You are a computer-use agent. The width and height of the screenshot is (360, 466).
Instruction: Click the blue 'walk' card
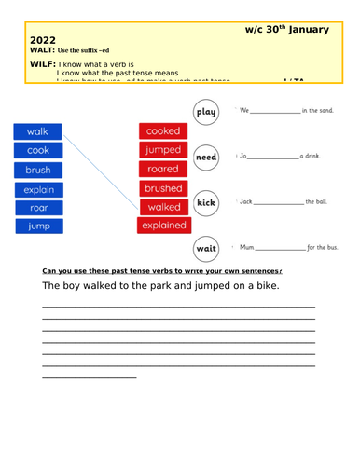click(38, 131)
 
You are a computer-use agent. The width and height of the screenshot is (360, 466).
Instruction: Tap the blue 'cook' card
click(38, 150)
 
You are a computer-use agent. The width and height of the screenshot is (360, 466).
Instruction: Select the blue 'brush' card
click(38, 170)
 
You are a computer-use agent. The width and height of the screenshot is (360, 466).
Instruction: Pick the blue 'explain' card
click(38, 189)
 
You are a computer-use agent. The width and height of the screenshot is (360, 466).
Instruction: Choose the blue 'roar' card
click(38, 208)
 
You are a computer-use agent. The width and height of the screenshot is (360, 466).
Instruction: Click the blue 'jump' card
click(38, 226)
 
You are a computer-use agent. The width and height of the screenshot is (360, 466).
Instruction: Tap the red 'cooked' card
click(162, 131)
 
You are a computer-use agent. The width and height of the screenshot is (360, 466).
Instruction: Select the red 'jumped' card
click(162, 150)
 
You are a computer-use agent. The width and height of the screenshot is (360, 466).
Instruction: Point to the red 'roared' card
click(162, 169)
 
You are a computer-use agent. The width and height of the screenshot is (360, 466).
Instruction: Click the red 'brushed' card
click(162, 188)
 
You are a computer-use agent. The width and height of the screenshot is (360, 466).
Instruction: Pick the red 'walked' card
click(162, 207)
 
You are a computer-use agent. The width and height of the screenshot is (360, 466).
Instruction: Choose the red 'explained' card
click(162, 226)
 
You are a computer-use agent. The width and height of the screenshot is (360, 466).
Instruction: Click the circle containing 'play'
click(206, 113)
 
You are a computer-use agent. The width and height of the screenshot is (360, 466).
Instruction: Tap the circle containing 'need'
click(206, 158)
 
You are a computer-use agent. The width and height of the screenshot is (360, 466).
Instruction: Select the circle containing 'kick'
click(206, 202)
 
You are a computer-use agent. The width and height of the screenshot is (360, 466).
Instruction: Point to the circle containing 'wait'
click(206, 248)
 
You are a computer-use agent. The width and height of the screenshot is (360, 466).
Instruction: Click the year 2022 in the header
click(43, 40)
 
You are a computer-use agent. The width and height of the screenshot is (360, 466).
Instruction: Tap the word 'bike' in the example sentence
click(262, 286)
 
